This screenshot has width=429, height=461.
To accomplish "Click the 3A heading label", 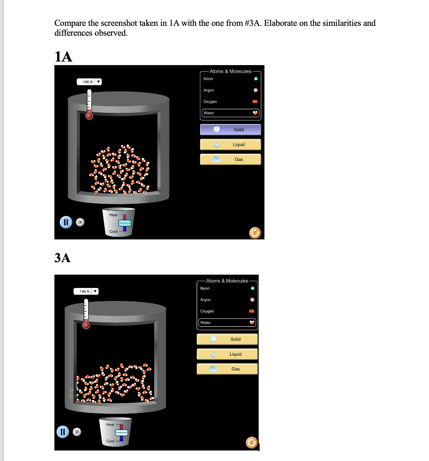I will (x=62, y=257).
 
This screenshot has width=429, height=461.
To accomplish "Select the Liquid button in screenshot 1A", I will (x=230, y=144).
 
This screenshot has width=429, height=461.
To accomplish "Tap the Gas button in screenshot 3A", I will (x=227, y=369).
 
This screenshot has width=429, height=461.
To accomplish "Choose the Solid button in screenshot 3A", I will (x=227, y=339).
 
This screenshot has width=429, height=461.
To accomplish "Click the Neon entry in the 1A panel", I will (x=208, y=79).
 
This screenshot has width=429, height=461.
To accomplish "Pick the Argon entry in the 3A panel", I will (x=206, y=300).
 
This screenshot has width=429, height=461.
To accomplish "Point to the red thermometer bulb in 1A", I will (x=89, y=115).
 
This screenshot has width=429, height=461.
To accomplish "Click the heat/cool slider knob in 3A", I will (x=122, y=432).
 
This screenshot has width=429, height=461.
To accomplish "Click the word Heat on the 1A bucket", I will (x=113, y=215).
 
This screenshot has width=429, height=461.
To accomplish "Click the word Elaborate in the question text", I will (x=280, y=23).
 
